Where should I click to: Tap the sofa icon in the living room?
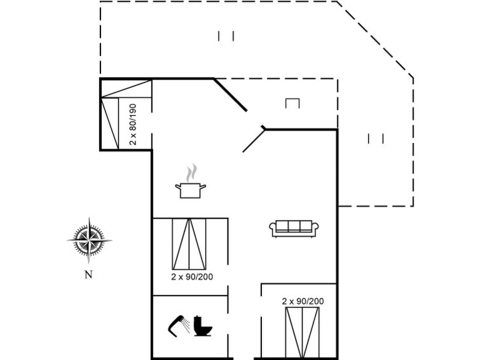pyautogui.click(x=294, y=228)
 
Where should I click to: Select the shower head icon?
pyautogui.click(x=179, y=326)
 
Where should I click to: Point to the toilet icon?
pyautogui.click(x=203, y=326)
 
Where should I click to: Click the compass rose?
pyautogui.click(x=89, y=240)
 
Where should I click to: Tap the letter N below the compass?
pyautogui.click(x=88, y=275)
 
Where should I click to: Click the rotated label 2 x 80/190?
pyautogui.click(x=132, y=124)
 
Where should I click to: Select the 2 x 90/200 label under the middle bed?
pyautogui.click(x=192, y=277)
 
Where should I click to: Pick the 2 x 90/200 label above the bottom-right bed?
pyautogui.click(x=303, y=301)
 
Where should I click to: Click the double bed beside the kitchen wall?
pyautogui.click(x=189, y=244)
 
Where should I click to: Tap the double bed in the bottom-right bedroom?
pyautogui.click(x=302, y=333)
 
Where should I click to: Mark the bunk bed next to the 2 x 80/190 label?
pyautogui.click(x=110, y=124)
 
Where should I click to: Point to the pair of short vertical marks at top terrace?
pyautogui.click(x=226, y=36)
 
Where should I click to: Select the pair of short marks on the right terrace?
pyautogui.click(x=376, y=139)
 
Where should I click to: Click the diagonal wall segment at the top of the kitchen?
pyautogui.click(x=230, y=95)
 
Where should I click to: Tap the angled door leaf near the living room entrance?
pyautogui.click(x=254, y=141)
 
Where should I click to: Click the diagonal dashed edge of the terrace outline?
pyautogui.click(x=375, y=40)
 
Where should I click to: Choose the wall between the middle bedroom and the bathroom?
pyautogui.click(x=190, y=296)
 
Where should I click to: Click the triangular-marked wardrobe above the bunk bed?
pyautogui.click(x=127, y=89)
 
